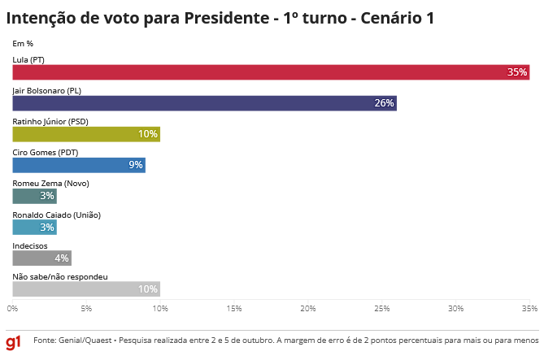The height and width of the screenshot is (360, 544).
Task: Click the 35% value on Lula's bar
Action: click(x=517, y=72)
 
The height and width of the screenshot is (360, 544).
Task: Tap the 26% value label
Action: click(x=384, y=103)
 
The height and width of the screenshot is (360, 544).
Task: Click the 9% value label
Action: click(x=136, y=165)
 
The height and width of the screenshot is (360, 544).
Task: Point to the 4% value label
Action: click(x=62, y=258)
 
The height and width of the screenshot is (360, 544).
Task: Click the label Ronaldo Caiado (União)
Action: click(x=56, y=215)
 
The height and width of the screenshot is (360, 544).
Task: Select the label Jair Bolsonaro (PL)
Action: click(x=47, y=90)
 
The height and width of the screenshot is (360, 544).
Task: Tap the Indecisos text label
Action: click(x=30, y=245)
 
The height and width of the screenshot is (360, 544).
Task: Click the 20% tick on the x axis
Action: click(x=308, y=309)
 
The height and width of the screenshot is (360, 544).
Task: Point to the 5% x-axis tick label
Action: click(x=86, y=309)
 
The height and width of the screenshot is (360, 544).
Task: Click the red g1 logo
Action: click(x=14, y=342)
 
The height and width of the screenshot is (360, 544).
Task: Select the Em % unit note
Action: click(x=23, y=43)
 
